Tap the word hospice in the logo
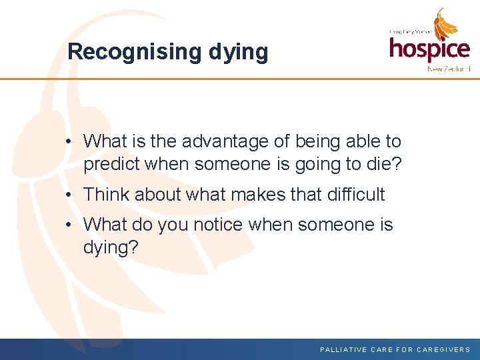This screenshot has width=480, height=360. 429,49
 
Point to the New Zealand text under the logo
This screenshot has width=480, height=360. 449,69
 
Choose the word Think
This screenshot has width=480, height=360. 107,195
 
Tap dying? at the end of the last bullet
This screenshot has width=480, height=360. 111,248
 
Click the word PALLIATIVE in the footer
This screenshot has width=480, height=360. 343,349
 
